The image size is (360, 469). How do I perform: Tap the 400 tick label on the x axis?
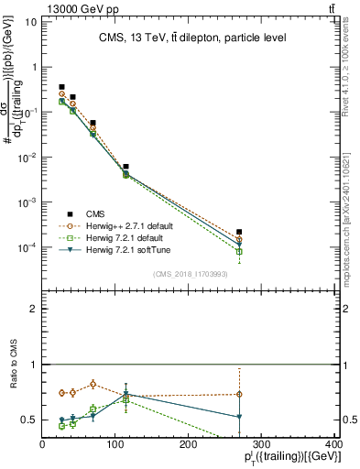point(333,443)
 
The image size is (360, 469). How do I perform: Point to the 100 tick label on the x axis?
point(115,443)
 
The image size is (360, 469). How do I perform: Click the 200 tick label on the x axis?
point(188,443)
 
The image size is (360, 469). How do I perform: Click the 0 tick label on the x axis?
point(42,443)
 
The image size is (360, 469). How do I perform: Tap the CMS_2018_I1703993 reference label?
point(192,274)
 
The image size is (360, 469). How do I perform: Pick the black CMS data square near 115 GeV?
point(125,168)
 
